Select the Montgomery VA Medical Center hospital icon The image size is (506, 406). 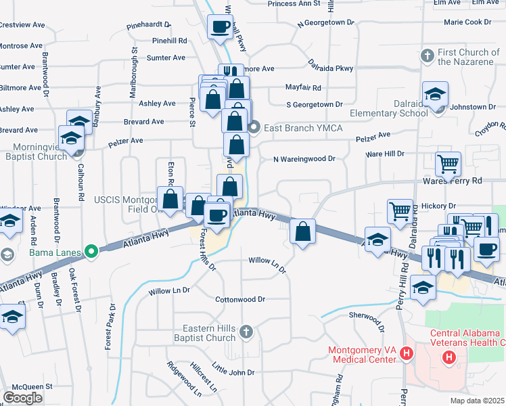coord(407,353)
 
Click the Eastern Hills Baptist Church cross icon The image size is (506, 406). coord(246,331)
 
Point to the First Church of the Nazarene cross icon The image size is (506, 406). coord(427,54)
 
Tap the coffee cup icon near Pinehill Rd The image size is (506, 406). coord(221,27)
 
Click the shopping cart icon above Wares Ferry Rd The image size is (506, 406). coord(448,163)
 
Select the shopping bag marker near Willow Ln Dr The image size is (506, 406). coord(303,231)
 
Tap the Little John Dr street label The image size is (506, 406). coord(233,372)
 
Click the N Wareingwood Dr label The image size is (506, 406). coord(304,159)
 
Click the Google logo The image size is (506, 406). coord(23,397)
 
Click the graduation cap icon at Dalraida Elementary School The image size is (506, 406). coord(435,95)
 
